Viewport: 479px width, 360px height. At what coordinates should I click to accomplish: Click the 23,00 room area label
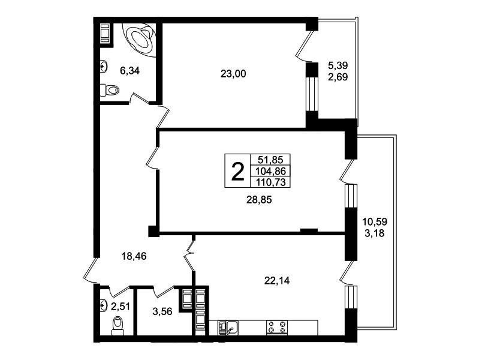point(233,74)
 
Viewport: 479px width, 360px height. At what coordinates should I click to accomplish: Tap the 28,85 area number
point(259,200)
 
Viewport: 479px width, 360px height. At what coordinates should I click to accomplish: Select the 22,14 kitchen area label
point(277,280)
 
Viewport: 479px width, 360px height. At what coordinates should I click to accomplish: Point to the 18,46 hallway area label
point(134,256)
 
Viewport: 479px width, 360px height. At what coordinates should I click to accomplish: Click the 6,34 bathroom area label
point(129,71)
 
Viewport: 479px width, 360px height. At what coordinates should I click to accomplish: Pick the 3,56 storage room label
point(162,311)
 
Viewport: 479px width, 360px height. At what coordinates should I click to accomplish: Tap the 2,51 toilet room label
point(120,306)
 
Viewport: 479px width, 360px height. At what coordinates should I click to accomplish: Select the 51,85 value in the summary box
point(270,160)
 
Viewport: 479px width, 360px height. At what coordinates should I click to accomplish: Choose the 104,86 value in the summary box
point(270,170)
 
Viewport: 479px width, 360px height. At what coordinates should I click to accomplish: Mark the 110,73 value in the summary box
point(270,182)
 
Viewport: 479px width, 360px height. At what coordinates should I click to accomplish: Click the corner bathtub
point(140,39)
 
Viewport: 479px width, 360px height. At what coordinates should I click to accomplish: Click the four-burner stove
point(278,328)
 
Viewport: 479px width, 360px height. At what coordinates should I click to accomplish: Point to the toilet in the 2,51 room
point(118,326)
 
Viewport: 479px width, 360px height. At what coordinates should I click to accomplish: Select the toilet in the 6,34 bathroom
point(109,90)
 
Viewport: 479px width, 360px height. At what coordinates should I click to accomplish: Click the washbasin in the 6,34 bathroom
point(104,67)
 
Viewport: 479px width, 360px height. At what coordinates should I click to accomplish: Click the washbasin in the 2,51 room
point(104,305)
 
